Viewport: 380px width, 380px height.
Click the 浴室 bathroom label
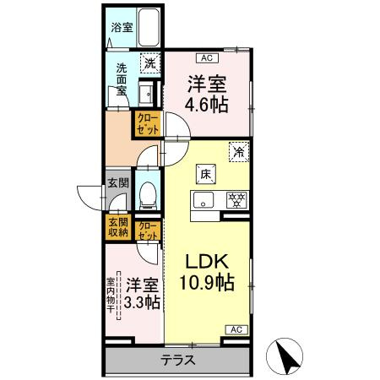122,27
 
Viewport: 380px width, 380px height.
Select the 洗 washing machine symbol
149,62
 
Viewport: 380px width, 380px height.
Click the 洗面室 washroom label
121,79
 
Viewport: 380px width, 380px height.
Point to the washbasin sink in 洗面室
146,93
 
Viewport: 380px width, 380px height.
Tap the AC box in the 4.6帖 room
205,57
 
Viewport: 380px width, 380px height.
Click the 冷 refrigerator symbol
239,152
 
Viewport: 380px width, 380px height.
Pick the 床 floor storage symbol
205,174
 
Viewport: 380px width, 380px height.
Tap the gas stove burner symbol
237,200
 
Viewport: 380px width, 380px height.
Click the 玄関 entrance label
117,182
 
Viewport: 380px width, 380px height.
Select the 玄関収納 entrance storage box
117,226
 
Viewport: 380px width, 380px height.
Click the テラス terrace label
178,360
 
